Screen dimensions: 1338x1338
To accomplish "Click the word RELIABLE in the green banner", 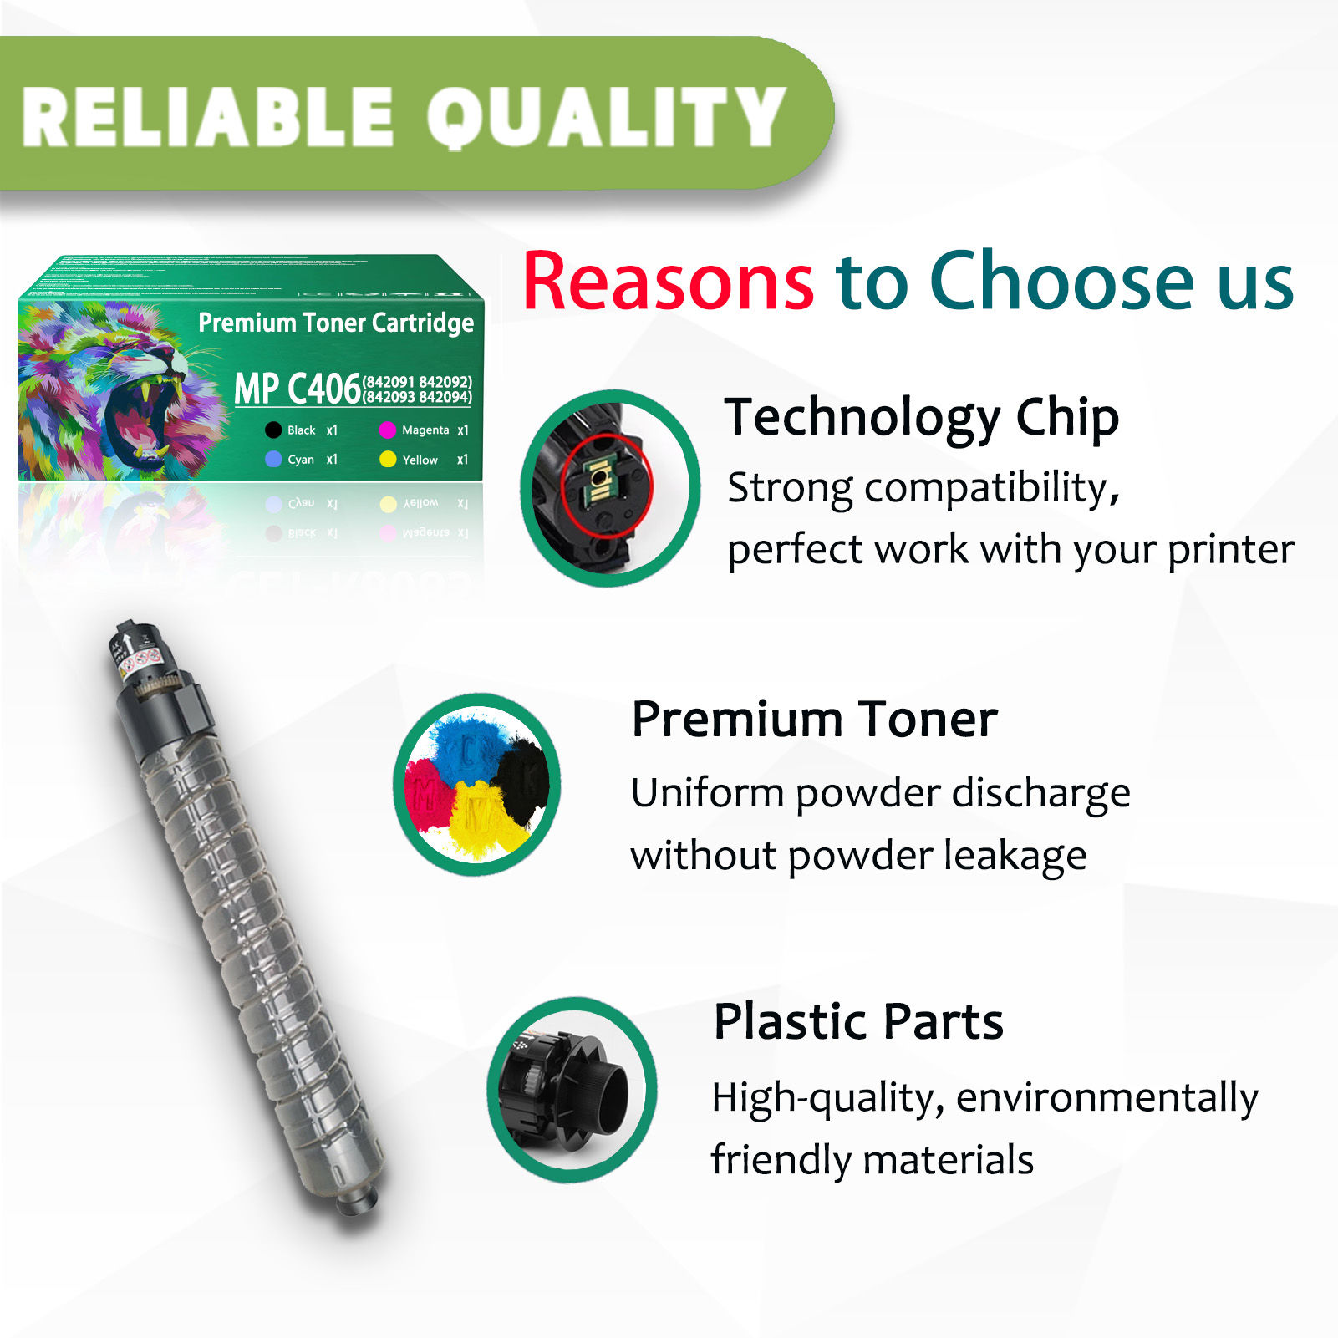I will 207,117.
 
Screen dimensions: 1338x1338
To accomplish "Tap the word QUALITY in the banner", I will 607,117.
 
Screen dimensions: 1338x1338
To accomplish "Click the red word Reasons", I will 668,282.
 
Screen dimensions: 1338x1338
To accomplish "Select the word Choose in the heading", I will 1062,282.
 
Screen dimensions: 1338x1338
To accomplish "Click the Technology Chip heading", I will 921,417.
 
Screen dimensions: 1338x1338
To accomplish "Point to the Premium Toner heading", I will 814,720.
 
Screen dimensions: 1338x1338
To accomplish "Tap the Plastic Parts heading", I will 858,1021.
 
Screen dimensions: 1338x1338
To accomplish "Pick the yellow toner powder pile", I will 480,819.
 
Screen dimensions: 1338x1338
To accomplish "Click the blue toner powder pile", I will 468,744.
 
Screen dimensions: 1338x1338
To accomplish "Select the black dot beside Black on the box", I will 273,430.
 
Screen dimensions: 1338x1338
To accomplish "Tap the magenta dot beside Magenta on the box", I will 387,430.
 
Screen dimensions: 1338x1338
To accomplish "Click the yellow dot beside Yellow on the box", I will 388,460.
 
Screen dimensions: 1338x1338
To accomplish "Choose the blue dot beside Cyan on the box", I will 273,460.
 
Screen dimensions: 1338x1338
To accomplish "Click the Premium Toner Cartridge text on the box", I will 336,323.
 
